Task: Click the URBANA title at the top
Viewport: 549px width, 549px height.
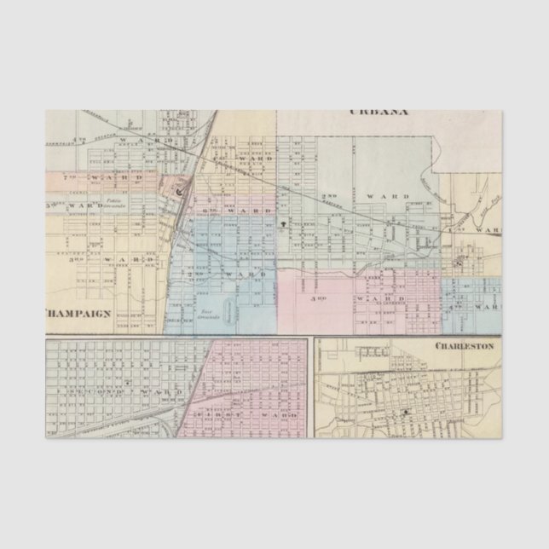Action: [379, 112]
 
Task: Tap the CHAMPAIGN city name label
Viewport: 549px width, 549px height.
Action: [78, 313]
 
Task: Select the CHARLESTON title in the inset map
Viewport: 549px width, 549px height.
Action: [465, 346]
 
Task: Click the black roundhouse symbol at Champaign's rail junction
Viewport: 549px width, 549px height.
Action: [179, 193]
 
